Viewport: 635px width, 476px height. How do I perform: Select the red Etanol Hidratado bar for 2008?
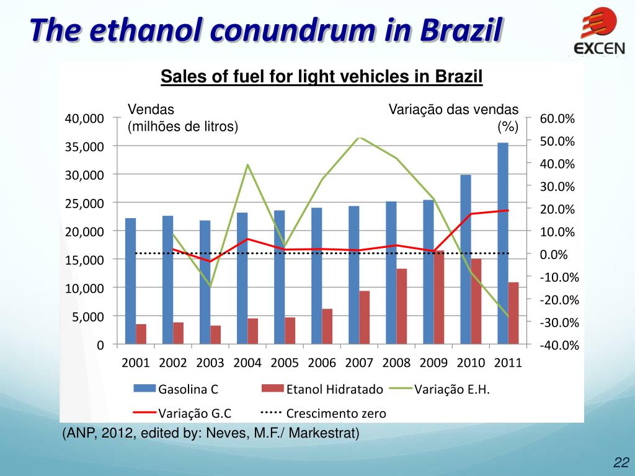[402, 306]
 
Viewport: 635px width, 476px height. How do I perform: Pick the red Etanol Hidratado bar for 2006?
[327, 326]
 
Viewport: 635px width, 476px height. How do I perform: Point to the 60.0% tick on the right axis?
[557, 119]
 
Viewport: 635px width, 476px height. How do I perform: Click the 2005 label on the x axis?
[285, 363]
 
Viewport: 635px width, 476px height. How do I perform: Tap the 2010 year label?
[471, 363]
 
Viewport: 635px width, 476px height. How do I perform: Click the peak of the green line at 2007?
[360, 137]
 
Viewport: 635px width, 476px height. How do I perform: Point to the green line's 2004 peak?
[247, 164]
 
